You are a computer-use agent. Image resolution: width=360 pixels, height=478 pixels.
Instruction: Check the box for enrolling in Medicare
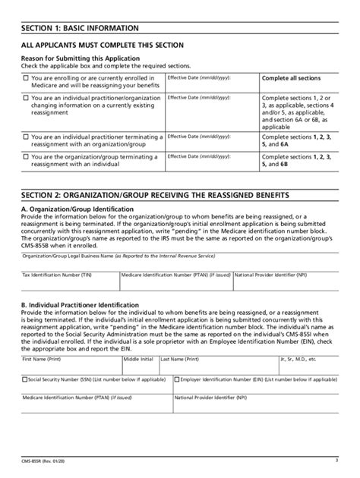point(26,77)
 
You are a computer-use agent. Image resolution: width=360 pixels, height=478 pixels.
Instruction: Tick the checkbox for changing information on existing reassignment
point(26,98)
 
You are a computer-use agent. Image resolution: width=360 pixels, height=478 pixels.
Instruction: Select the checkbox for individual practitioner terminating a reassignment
point(26,137)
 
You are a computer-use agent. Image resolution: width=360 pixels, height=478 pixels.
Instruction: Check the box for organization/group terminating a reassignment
point(26,156)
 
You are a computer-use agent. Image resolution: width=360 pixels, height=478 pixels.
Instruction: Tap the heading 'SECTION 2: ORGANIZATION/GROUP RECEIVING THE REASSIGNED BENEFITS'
point(172,195)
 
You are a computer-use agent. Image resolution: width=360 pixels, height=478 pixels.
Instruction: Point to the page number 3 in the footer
point(335,460)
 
